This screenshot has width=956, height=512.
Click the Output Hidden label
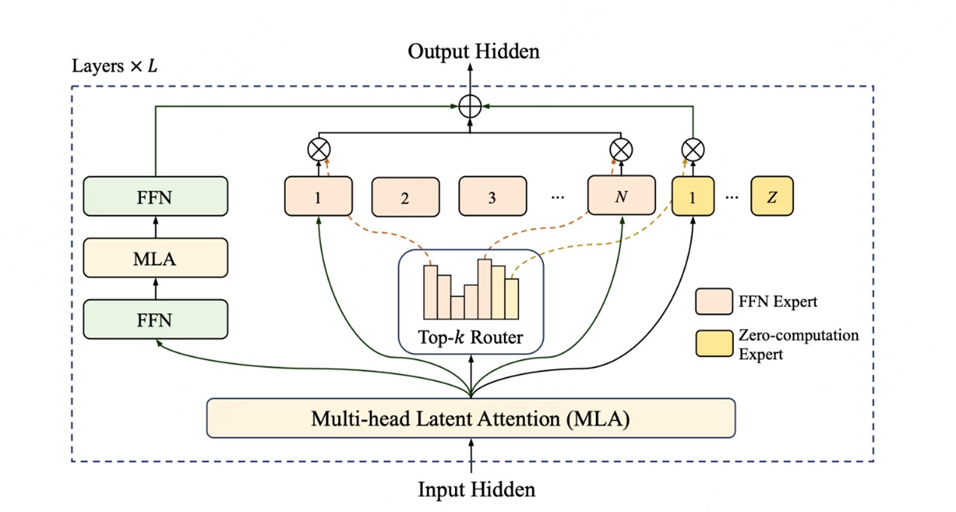pos(473,51)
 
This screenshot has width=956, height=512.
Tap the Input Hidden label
pos(476,489)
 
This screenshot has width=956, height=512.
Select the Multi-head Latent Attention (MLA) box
pos(470,419)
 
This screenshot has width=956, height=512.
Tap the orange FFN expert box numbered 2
pos(405,197)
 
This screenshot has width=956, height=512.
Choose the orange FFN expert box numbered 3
pos(492,197)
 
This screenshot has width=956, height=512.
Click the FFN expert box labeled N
pos(621,197)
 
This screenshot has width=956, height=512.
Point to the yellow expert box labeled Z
pos(771,197)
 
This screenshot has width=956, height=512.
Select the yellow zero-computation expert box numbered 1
pos(692,197)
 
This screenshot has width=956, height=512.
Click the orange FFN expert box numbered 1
pos(319,197)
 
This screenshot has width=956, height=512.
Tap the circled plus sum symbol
pos(470,107)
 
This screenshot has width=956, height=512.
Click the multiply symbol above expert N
pos(621,150)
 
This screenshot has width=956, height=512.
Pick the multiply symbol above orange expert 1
pos(319,150)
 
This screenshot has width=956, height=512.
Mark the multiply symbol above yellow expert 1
pos(692,150)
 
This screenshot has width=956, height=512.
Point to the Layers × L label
pos(115,66)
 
